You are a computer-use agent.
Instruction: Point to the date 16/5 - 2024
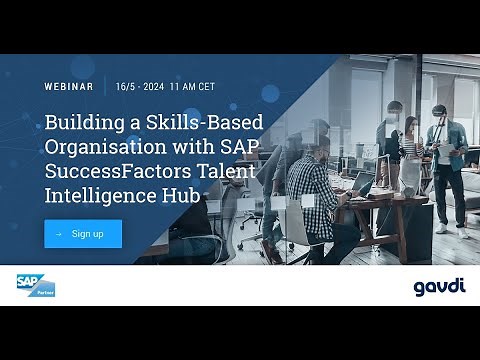point(138,87)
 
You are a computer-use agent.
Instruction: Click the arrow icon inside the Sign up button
point(59,234)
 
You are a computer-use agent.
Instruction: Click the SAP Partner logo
point(35,285)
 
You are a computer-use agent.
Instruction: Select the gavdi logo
point(439,287)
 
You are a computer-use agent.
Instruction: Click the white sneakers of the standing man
point(444,228)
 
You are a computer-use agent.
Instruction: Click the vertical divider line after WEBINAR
point(105,87)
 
